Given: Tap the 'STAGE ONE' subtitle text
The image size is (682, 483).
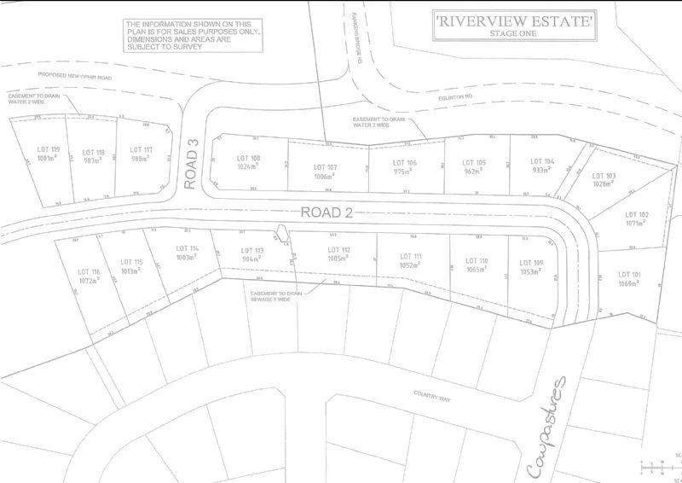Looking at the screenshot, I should (x=513, y=33).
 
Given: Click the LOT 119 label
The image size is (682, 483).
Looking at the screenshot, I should (x=48, y=149).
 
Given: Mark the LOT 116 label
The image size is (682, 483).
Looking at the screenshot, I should (x=89, y=271).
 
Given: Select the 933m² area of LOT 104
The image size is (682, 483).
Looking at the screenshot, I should (x=541, y=170).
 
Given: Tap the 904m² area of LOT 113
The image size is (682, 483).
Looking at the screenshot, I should (x=252, y=258).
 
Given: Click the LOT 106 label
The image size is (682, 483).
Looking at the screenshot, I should (x=404, y=162).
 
